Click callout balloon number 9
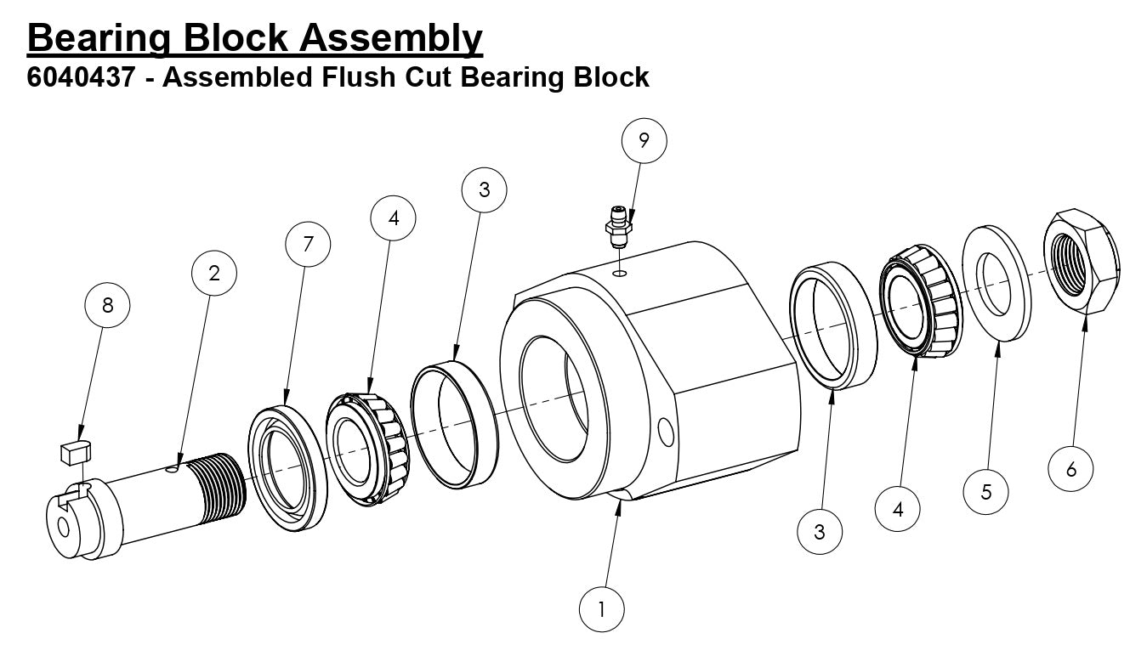pyautogui.click(x=643, y=142)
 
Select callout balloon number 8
pyautogui.click(x=107, y=305)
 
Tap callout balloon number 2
pyautogui.click(x=213, y=274)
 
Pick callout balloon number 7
pyautogui.click(x=308, y=245)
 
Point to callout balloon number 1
pyautogui.click(x=602, y=609)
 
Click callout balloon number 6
pyautogui.click(x=1070, y=468)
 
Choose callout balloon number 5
pyautogui.click(x=986, y=490)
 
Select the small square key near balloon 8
pyautogui.click(x=75, y=451)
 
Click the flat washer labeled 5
pyautogui.click(x=996, y=283)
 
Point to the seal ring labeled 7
pyautogui.click(x=287, y=467)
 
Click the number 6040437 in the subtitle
pyautogui.click(x=81, y=78)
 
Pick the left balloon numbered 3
pyautogui.click(x=484, y=190)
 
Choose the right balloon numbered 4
pyautogui.click(x=898, y=511)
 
